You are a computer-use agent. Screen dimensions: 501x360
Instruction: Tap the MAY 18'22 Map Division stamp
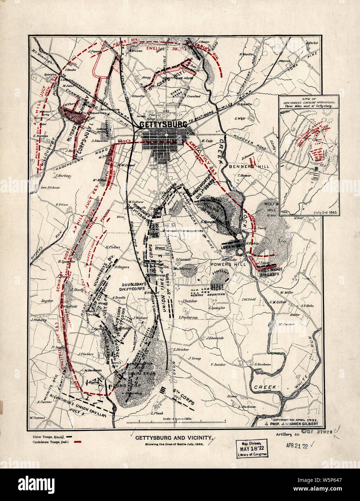[252, 449]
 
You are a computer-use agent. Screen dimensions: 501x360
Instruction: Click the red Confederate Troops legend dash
[77, 442]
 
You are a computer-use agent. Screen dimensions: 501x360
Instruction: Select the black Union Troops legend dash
[77, 436]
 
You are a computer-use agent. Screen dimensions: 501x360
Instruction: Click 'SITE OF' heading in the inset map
[309, 98]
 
